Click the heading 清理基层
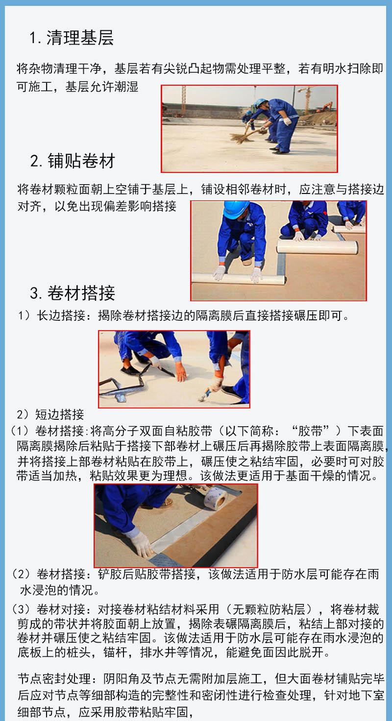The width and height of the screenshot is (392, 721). tap(80, 38)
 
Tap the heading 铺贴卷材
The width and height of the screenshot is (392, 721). tap(81, 161)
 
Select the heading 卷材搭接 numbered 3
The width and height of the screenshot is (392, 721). tap(81, 293)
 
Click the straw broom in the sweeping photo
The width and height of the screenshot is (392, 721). tap(245, 135)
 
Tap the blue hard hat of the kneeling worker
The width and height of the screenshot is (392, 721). tap(236, 209)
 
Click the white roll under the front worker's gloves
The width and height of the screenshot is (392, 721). tap(238, 278)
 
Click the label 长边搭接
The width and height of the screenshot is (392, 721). tap(61, 316)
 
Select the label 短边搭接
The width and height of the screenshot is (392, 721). tap(60, 414)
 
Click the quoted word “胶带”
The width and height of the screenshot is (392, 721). tap(311, 431)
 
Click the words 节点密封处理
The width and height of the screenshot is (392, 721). tap(54, 679)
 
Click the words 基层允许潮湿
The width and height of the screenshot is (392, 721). tap(102, 87)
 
